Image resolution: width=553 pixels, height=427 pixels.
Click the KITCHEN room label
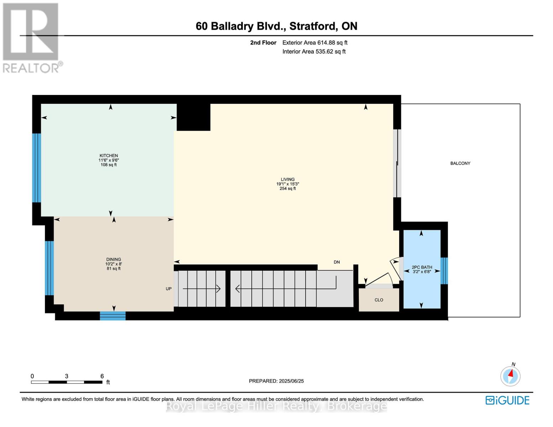pos(109,156)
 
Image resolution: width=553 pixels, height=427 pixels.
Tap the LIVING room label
pos(287,180)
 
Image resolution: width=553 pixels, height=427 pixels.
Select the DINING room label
pos(113,259)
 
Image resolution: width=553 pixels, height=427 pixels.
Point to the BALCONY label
pos(460,163)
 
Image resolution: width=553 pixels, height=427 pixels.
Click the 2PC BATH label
pos(422,267)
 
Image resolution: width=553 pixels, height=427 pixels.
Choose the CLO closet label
pos(379,300)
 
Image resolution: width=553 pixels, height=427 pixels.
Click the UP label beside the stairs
pos(168,289)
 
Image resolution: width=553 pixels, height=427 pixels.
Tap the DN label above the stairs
pos(337,262)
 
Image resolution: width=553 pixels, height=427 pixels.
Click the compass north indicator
pos(510,375)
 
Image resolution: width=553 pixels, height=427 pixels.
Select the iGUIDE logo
pos(507,400)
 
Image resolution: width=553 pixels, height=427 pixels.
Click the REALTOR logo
pos(31,37)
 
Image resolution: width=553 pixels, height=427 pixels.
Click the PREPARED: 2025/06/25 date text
pos(276,381)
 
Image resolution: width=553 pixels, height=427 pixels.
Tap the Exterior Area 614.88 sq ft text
pos(315,43)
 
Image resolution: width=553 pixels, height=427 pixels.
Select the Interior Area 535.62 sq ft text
pos(314,52)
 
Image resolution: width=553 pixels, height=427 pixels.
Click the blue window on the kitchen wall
pos(36,168)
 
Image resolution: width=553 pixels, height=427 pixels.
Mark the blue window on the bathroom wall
pos(444,271)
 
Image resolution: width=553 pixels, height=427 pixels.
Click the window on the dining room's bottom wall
pos(113,316)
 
